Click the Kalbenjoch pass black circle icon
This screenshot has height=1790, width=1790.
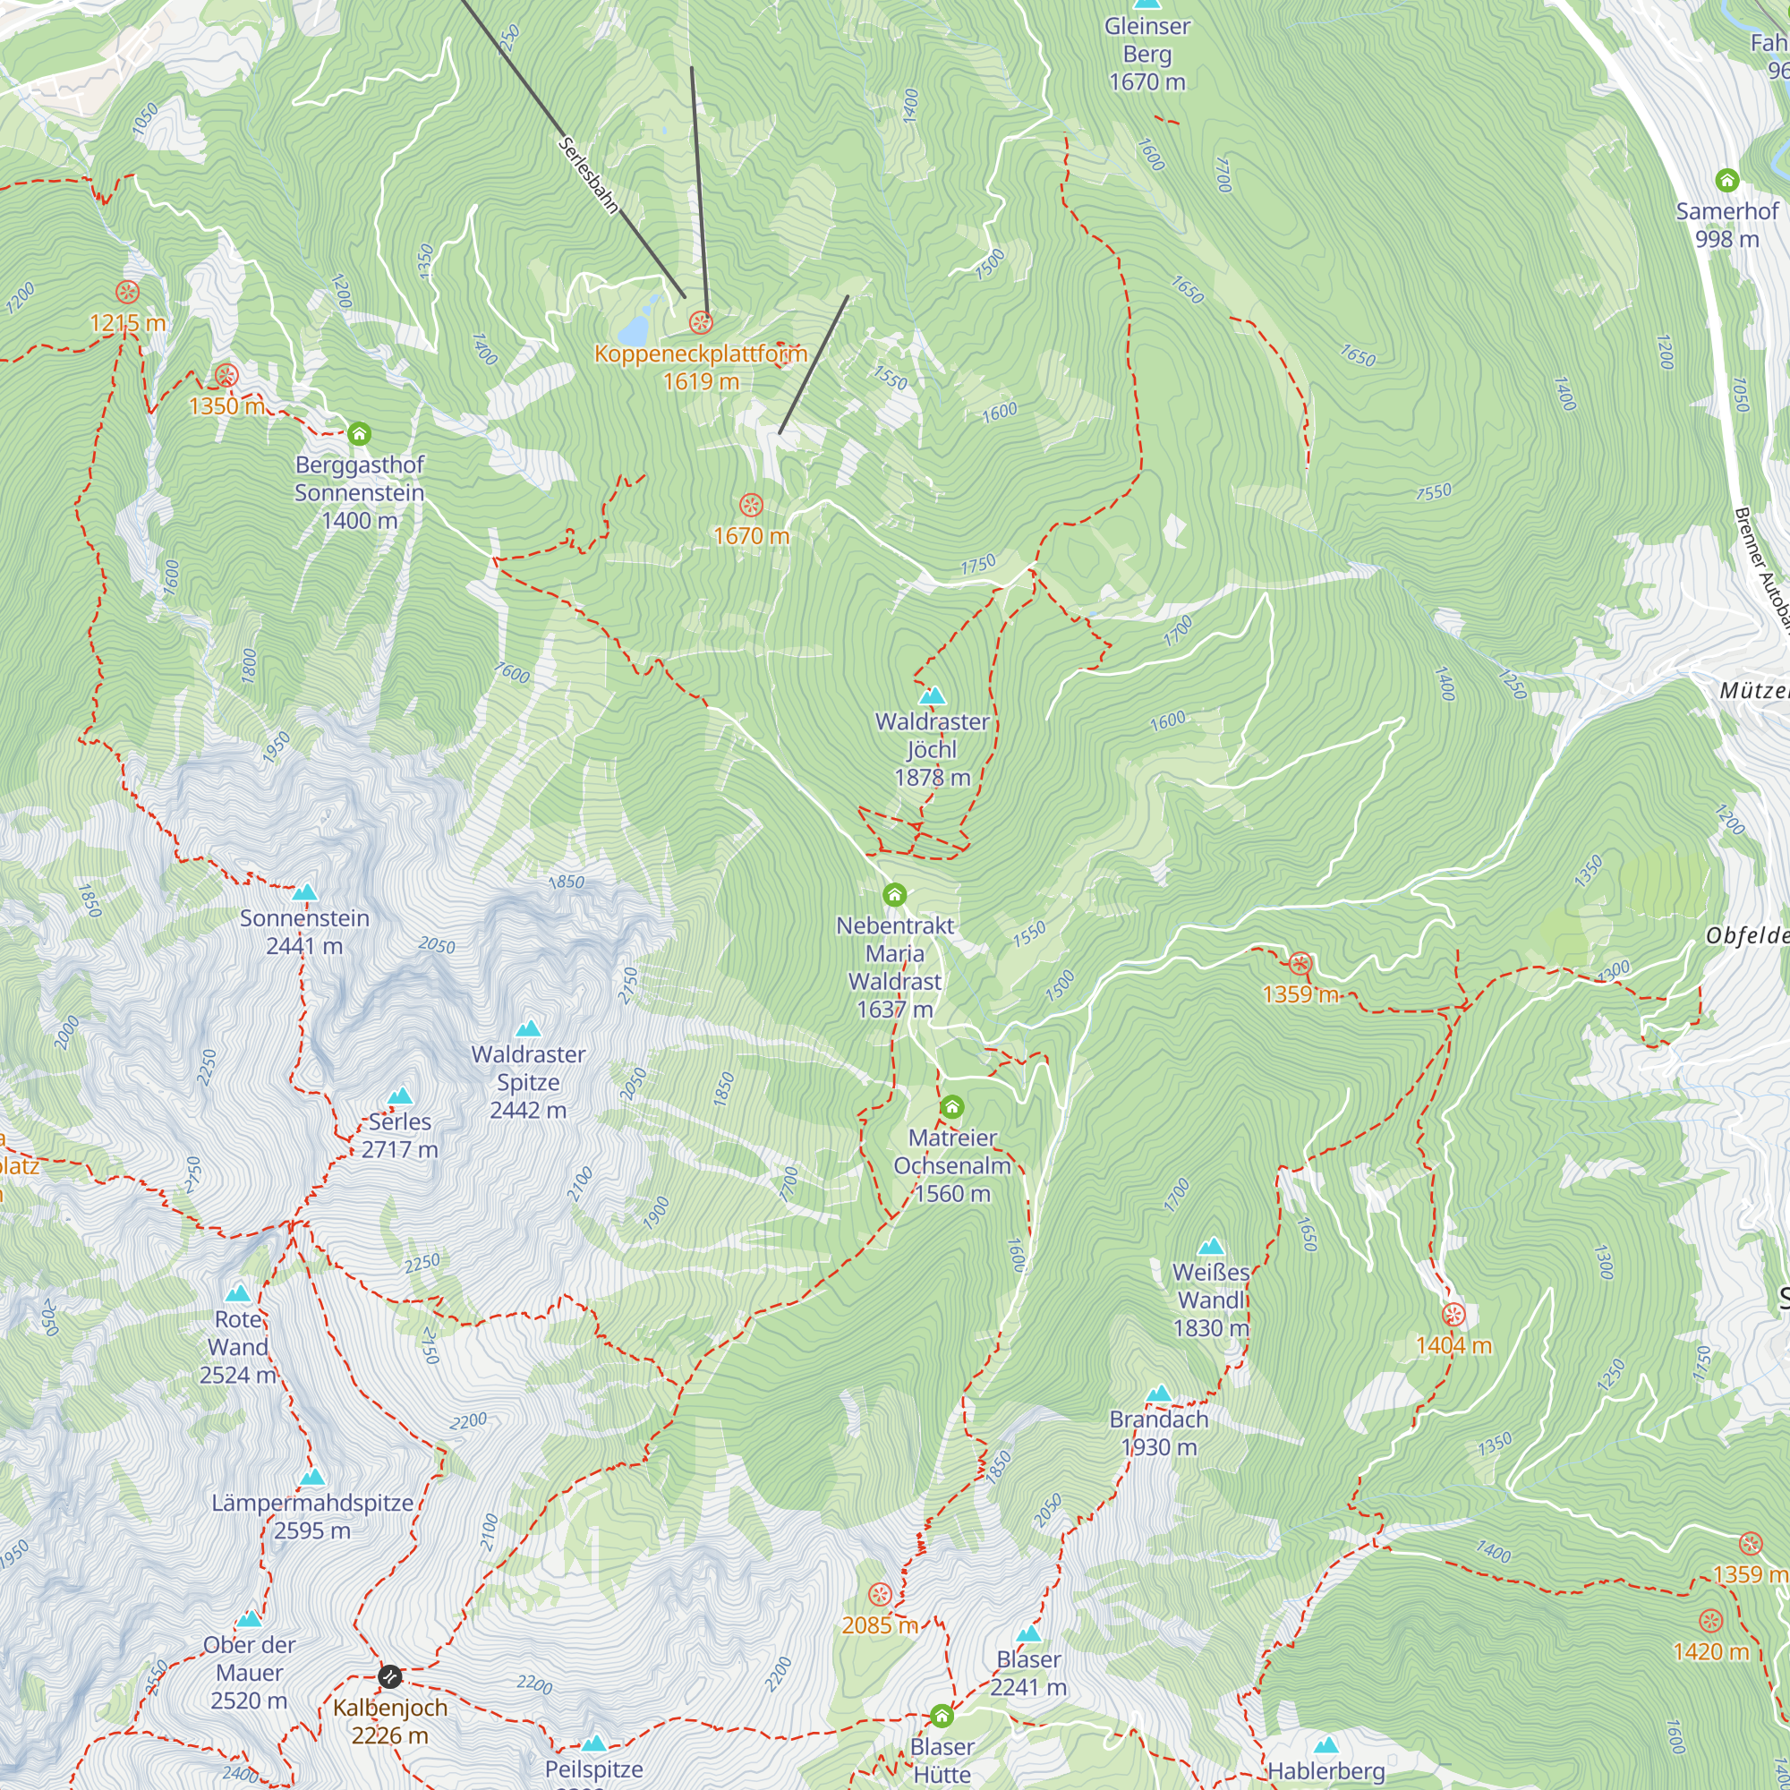pos(390,1676)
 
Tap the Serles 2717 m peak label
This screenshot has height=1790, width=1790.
pos(399,1136)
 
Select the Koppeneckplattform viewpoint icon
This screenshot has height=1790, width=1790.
pos(701,322)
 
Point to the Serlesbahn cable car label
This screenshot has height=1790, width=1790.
pos(588,175)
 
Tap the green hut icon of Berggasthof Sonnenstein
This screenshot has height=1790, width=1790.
pos(360,433)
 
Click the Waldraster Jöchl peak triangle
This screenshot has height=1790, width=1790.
pos(932,695)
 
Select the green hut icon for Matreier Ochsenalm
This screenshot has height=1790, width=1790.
pos(951,1107)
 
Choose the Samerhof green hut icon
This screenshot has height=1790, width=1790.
pos(1726,180)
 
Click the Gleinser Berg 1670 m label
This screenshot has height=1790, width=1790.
pos(1147,54)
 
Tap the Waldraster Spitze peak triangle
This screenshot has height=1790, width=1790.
pos(528,1028)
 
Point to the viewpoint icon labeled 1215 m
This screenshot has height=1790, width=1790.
pos(128,293)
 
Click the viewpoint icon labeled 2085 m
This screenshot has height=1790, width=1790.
pos(879,1595)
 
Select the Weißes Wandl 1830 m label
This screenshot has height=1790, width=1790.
pos(1211,1300)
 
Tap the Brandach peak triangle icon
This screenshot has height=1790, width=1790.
pos(1158,1394)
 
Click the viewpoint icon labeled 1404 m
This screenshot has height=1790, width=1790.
pos(1453,1315)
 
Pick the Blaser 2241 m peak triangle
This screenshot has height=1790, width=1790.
pos(1028,1633)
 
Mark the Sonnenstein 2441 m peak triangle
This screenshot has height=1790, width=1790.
pos(305,892)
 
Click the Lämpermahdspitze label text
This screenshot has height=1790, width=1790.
pos(312,1503)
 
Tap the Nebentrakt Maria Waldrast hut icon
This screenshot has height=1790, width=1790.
pos(894,895)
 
